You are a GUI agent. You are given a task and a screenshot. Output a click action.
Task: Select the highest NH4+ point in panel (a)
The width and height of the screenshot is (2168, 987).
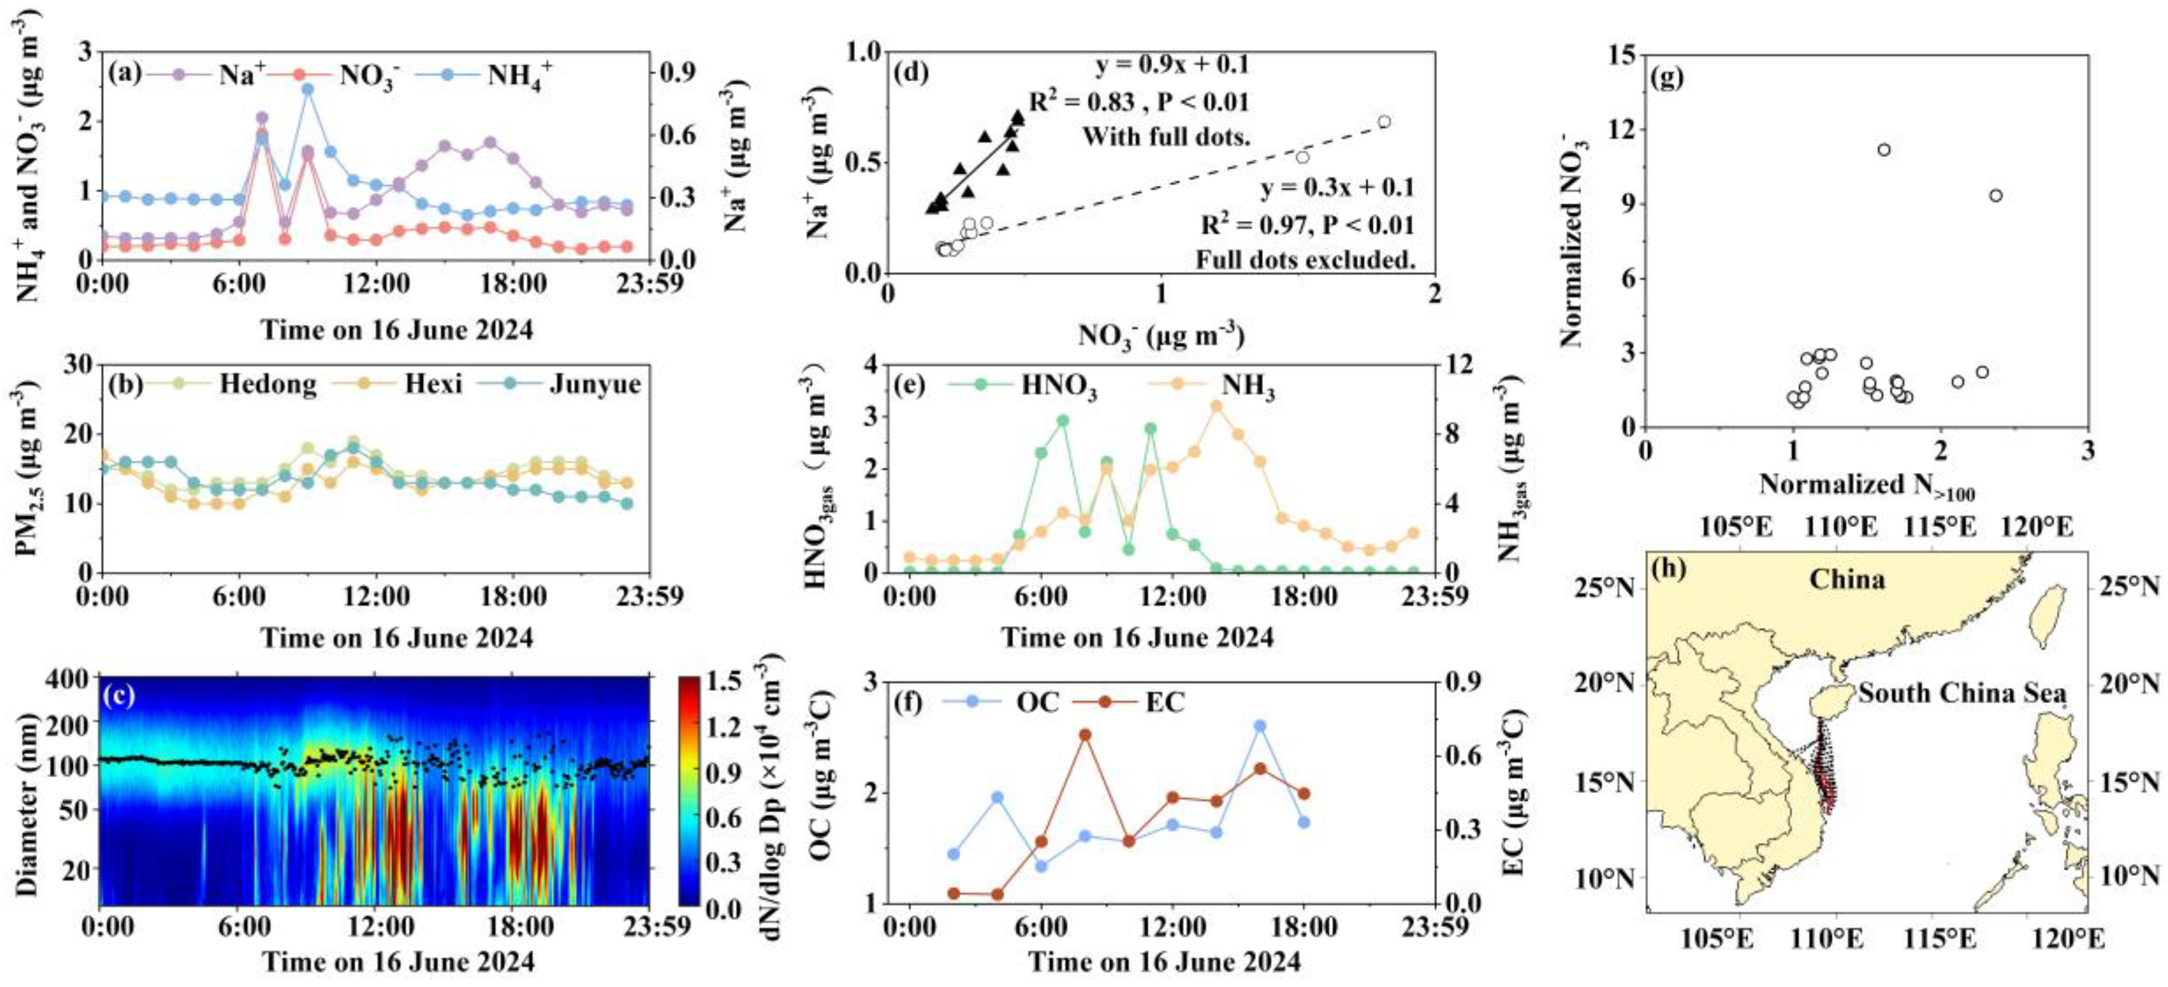click(308, 89)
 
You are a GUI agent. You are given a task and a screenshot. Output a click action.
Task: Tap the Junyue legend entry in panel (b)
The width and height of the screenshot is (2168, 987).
click(594, 384)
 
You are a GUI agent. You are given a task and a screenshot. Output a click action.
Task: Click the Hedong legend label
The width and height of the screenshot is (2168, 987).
click(268, 384)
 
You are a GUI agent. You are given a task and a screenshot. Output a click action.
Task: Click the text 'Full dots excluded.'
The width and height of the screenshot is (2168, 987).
click(1305, 260)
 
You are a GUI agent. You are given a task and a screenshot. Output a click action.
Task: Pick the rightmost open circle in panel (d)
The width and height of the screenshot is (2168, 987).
click(1384, 122)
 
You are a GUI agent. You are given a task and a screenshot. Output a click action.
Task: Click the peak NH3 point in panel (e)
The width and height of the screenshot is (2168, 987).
click(1216, 406)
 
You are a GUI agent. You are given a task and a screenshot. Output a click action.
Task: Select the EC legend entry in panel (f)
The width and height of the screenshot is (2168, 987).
click(1164, 702)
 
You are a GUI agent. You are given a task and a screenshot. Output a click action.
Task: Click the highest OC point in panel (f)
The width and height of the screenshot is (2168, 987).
click(1260, 726)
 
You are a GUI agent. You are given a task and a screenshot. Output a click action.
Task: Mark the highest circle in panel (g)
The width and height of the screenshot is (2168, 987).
click(1884, 150)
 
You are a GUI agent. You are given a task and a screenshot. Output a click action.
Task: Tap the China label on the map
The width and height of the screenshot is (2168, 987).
click(1847, 580)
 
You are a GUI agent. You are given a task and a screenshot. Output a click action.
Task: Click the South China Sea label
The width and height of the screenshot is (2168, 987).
click(1963, 693)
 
